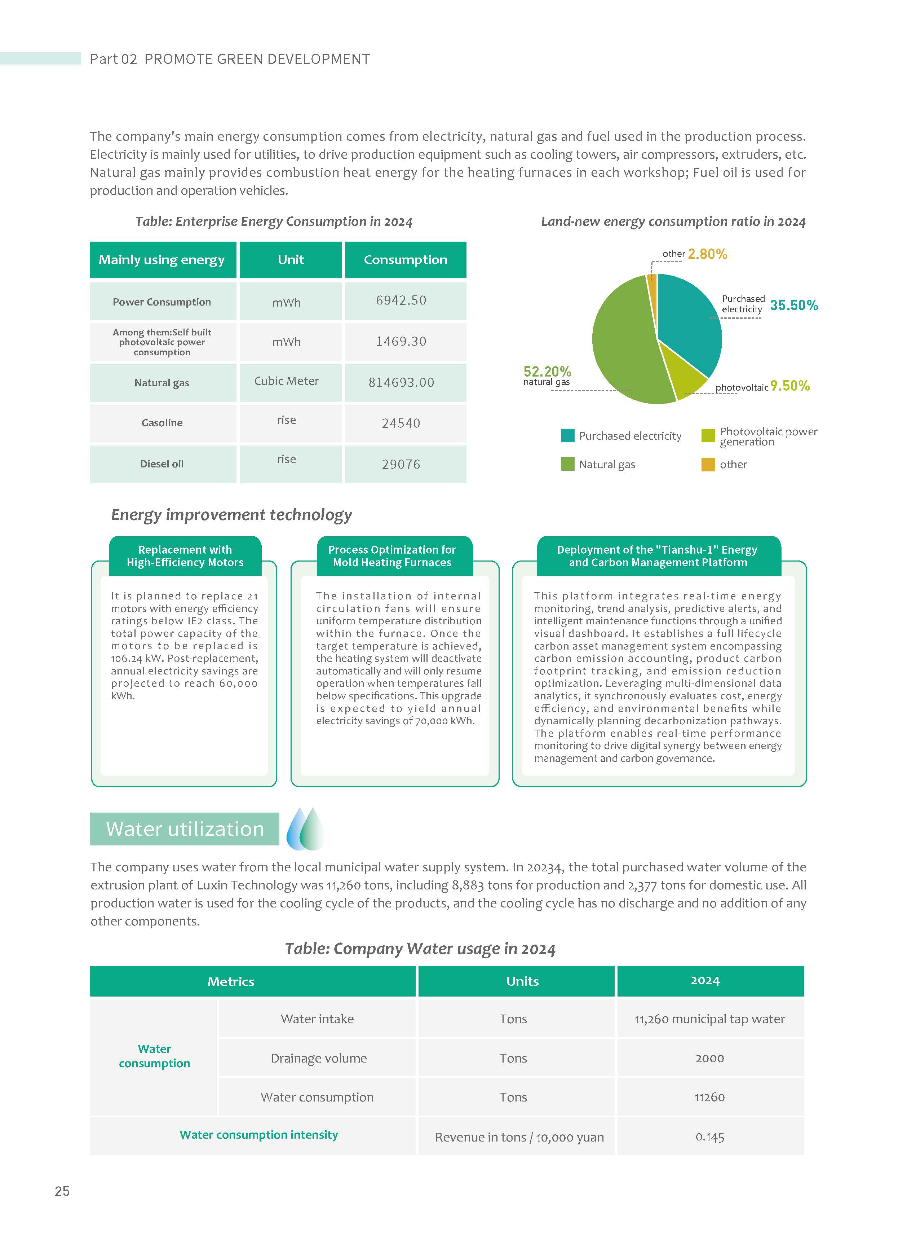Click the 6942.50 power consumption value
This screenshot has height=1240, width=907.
(x=401, y=300)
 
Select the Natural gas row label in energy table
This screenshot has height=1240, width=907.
(x=162, y=383)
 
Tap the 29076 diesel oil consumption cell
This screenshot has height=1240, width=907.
(x=401, y=464)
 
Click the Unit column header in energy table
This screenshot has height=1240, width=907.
(x=291, y=260)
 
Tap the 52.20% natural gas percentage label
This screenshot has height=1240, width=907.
(x=547, y=372)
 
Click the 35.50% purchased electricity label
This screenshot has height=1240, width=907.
(x=793, y=305)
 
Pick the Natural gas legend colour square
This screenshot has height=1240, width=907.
(x=568, y=464)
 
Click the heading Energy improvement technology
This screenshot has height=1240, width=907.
(x=231, y=515)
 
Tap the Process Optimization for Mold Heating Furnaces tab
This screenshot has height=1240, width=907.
(x=392, y=556)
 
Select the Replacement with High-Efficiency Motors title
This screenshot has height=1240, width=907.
(x=185, y=556)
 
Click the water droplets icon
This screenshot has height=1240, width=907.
(x=305, y=828)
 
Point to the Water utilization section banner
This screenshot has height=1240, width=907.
(x=185, y=829)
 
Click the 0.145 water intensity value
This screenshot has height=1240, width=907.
(x=709, y=1137)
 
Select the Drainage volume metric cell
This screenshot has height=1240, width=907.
(x=318, y=1058)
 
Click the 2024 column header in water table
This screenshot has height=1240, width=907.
(x=705, y=981)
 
